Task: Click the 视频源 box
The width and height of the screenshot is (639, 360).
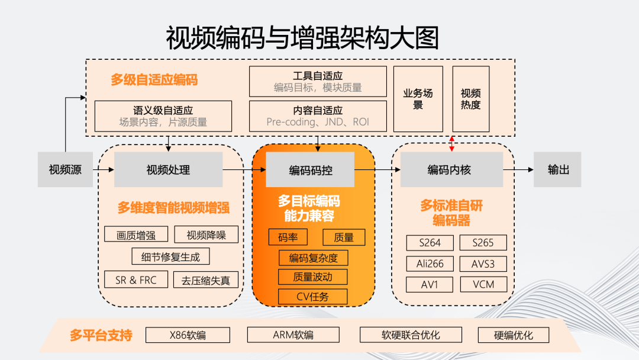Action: [x=65, y=170]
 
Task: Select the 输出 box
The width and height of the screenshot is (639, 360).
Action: [x=558, y=170]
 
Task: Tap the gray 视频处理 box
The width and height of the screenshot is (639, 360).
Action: [x=168, y=170]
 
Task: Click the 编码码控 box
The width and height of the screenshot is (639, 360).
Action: [x=310, y=170]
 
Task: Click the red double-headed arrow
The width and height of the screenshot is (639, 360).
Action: [x=452, y=143]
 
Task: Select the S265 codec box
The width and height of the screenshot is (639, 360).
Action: [x=483, y=243]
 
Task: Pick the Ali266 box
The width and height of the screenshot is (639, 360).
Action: [x=430, y=263]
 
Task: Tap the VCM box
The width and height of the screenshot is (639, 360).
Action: [x=483, y=284]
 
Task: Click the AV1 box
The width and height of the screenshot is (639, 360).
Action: [x=430, y=284]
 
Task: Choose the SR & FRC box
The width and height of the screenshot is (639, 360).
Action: [x=136, y=280]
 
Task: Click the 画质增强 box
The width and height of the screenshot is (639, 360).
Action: [x=136, y=234]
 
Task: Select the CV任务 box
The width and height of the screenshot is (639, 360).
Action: [x=312, y=297]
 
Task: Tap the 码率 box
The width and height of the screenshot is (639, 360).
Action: [x=288, y=237]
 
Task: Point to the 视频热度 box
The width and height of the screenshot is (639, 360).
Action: [x=471, y=99]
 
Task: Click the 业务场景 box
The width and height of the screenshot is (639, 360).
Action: [x=418, y=99]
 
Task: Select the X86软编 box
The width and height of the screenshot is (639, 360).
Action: [x=188, y=335]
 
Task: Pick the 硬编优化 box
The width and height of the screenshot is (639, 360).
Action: [x=514, y=335]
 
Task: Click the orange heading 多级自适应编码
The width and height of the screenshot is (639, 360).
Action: [x=154, y=80]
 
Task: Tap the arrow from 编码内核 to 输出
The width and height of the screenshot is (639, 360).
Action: [x=518, y=170]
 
